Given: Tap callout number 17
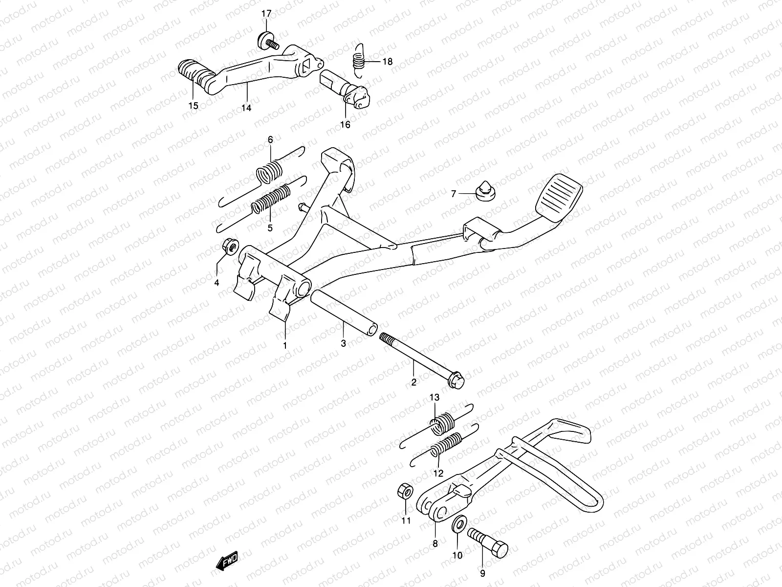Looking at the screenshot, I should click(266, 14).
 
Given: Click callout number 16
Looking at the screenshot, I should click(345, 125).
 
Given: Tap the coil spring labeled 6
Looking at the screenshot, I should click(269, 172).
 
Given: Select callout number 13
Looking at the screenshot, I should click(435, 397).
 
